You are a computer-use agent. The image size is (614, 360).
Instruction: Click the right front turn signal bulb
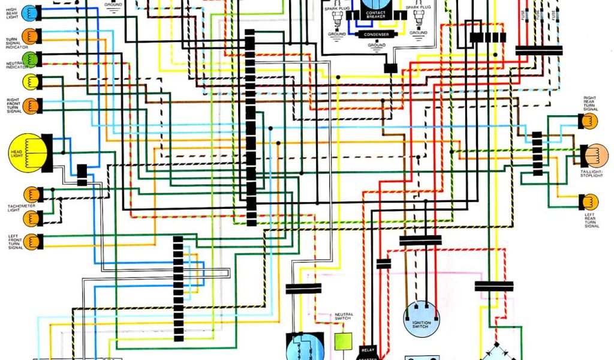point(31,105)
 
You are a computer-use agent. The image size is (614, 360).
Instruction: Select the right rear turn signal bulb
point(590,121)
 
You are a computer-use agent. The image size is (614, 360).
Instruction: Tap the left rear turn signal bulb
point(590,202)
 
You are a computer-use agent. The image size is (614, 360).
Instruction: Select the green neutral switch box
point(343,340)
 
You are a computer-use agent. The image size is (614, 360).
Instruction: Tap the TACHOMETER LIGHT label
point(21,208)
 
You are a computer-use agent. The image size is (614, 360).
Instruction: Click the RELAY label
point(368,349)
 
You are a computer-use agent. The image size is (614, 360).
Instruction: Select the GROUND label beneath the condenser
point(377,45)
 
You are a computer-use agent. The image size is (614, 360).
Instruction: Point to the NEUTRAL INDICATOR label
point(14,64)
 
